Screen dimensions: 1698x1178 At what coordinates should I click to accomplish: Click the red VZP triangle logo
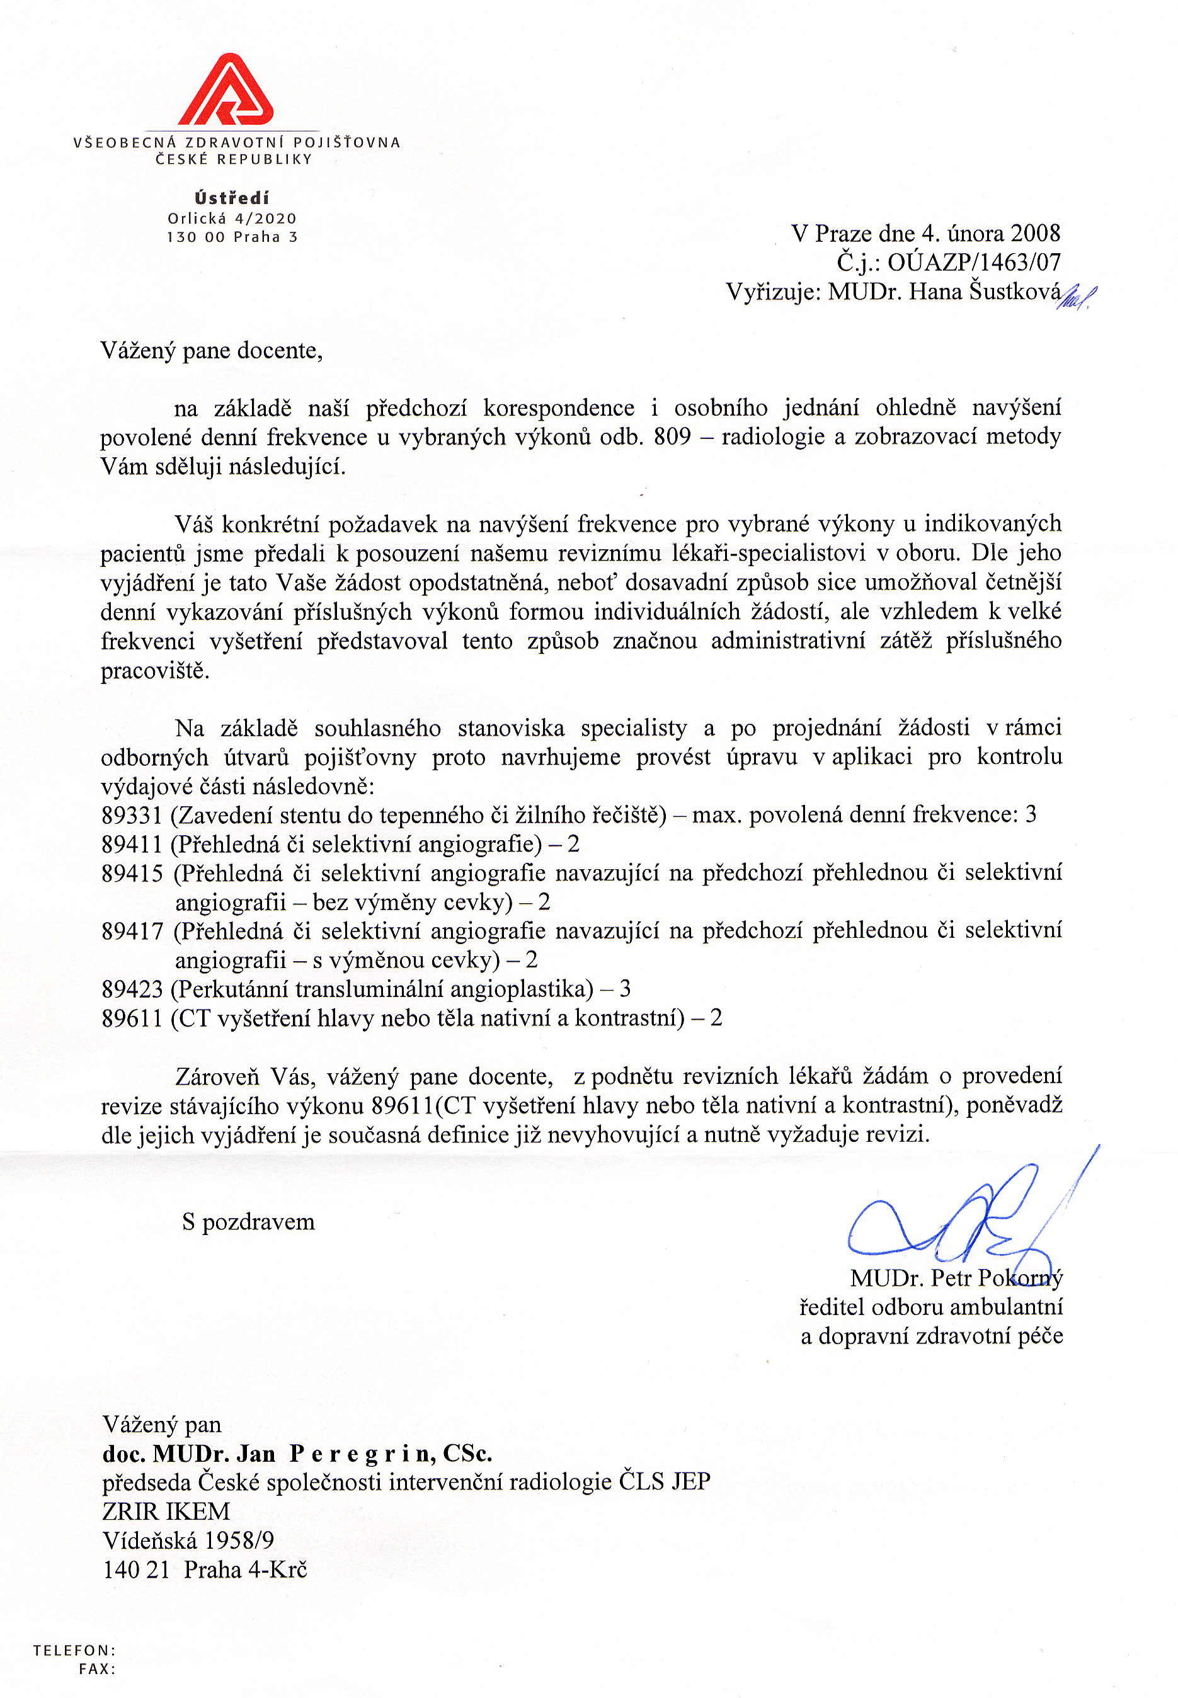[x=226, y=90]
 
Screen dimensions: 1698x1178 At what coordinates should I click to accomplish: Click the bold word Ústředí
[x=232, y=198]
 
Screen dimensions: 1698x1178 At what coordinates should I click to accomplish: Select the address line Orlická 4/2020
[x=232, y=219]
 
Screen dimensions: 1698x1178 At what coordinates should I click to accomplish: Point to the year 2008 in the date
[x=1035, y=233]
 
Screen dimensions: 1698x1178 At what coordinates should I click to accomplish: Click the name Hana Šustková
[x=985, y=292]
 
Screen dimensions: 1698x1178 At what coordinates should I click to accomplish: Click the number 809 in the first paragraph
[x=672, y=437]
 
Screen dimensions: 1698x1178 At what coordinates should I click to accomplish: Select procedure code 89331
[x=132, y=815]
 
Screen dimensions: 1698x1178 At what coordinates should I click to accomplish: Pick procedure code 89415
[x=132, y=873]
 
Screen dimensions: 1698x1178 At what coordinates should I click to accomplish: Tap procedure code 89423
[x=132, y=989]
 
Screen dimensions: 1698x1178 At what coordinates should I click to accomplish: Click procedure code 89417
[x=132, y=932]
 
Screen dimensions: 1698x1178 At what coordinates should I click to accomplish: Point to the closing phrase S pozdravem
[x=248, y=1222]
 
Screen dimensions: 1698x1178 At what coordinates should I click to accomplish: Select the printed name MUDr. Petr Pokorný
[x=956, y=1277]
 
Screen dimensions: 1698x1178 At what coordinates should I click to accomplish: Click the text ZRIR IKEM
[x=166, y=1512]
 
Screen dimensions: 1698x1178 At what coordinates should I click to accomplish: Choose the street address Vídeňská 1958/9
[x=188, y=1540]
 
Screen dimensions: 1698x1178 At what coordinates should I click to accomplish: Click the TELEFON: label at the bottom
[x=74, y=1650]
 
